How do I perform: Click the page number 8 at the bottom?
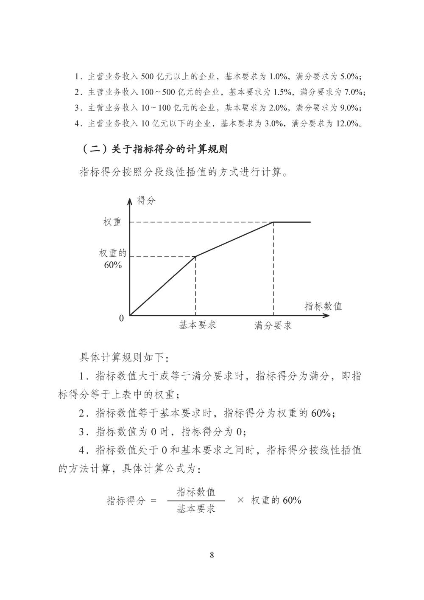point(212,555)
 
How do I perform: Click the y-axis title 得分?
point(146,200)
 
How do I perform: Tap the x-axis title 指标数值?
point(323,306)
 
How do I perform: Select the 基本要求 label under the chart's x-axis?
point(197,325)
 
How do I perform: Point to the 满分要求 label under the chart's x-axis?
point(273,325)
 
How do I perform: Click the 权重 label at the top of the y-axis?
point(112,222)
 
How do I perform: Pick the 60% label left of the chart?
point(113,265)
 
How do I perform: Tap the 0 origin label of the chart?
point(121,318)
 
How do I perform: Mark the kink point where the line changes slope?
point(195,256)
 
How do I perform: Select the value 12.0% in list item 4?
point(347,124)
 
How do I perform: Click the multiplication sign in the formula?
point(240,500)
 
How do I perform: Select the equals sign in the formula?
point(153,501)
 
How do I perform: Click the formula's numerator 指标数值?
point(196,492)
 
